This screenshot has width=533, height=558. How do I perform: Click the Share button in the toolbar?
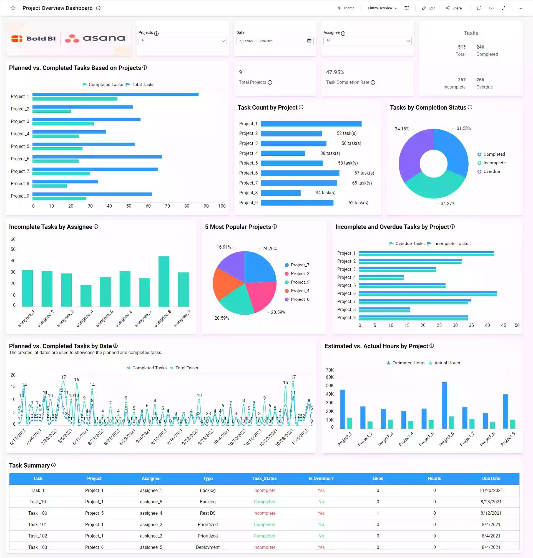(x=454, y=8)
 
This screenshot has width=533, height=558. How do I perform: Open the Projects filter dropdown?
(x=182, y=41)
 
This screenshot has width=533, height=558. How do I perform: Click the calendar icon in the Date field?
(x=309, y=41)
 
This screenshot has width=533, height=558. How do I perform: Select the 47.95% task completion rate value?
(x=335, y=72)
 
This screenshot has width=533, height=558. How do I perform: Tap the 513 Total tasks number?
(x=461, y=47)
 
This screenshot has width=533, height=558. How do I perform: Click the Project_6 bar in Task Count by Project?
(x=300, y=173)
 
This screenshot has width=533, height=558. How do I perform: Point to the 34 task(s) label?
(x=325, y=193)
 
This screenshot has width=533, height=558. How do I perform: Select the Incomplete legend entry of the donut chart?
(x=494, y=163)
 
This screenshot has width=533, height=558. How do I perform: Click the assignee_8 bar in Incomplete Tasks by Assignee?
(x=164, y=281)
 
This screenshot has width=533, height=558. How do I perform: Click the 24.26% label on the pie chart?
(x=269, y=248)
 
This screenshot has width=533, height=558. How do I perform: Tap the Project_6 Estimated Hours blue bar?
(x=444, y=405)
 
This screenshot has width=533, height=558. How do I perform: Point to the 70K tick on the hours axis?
(x=330, y=370)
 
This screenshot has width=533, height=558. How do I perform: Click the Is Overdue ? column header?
(x=321, y=478)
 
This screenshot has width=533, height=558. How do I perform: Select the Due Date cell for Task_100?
(x=491, y=513)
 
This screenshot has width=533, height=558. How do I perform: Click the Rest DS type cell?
(x=207, y=513)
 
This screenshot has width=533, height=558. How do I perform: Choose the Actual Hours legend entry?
(x=447, y=363)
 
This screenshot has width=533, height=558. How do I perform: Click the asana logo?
(x=95, y=38)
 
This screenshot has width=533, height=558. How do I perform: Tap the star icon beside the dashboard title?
(x=13, y=8)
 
